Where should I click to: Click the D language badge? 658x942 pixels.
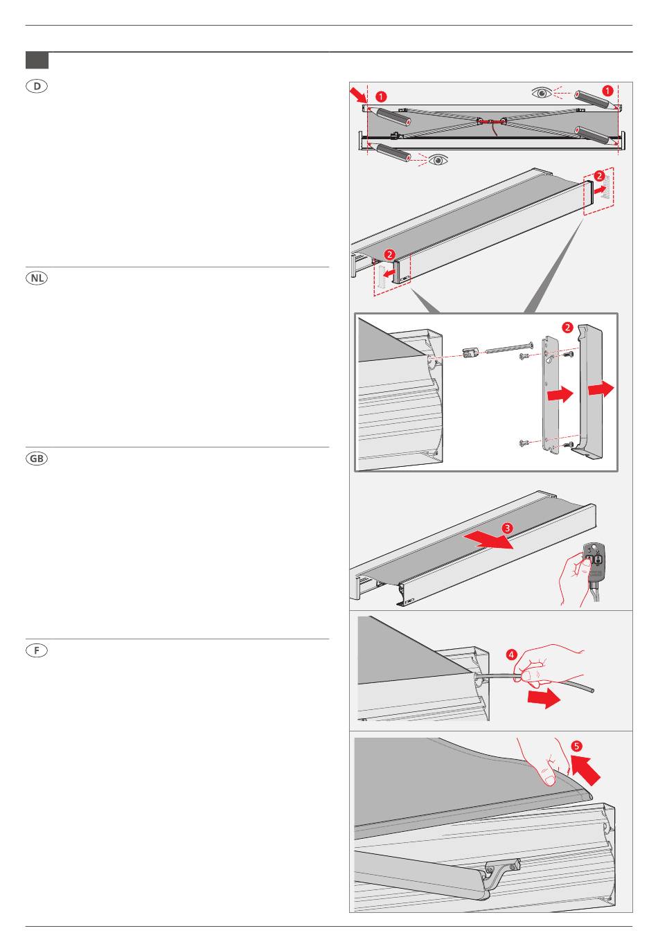(x=37, y=87)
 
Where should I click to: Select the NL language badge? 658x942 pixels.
(x=37, y=278)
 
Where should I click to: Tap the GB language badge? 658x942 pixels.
(x=37, y=459)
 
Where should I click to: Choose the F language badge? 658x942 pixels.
(x=37, y=650)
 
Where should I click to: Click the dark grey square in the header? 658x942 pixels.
(x=37, y=60)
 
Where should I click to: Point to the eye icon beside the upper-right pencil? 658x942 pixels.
(x=542, y=92)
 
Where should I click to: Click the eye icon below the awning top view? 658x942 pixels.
(x=438, y=161)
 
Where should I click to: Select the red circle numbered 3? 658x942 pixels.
(x=508, y=528)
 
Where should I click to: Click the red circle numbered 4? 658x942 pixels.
(x=510, y=654)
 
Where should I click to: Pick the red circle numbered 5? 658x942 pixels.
(x=577, y=746)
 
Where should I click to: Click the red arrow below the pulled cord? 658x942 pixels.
(x=544, y=698)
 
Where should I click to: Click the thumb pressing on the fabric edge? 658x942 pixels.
(x=549, y=778)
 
